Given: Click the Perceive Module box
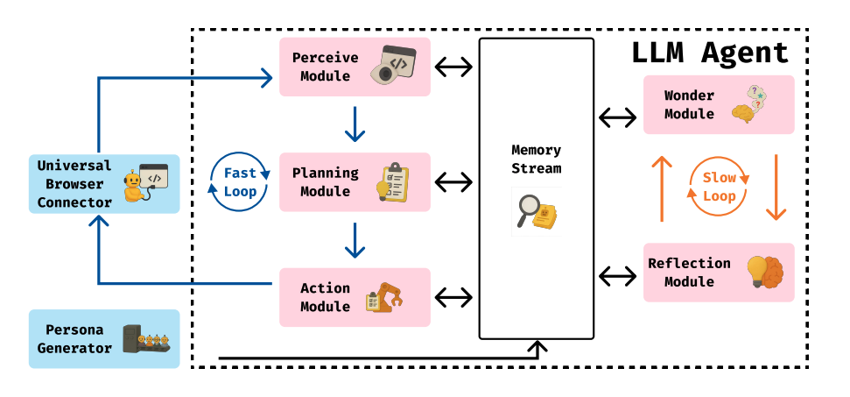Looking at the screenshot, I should pos(355,67).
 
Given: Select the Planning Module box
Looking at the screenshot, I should pos(355,181).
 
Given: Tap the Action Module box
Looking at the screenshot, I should pos(355,296).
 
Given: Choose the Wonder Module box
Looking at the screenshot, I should pos(718,104).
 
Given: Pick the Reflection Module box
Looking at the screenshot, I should pos(718,272).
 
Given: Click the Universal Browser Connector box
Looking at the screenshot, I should pos(104,184).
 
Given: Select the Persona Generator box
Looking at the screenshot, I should pos(104,338).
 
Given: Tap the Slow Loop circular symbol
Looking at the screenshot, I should pos(719,187).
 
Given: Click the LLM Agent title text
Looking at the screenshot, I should pos(710,53).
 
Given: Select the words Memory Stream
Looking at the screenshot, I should pos(536,160).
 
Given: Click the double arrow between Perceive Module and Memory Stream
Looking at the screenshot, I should pos(454,67).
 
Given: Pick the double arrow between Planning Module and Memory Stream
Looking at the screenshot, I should pos(454,181).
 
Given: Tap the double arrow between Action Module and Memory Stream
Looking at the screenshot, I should pos(454,298).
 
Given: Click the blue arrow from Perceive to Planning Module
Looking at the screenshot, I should pos(355,124).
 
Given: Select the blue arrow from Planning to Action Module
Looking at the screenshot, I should pos(355,239).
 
